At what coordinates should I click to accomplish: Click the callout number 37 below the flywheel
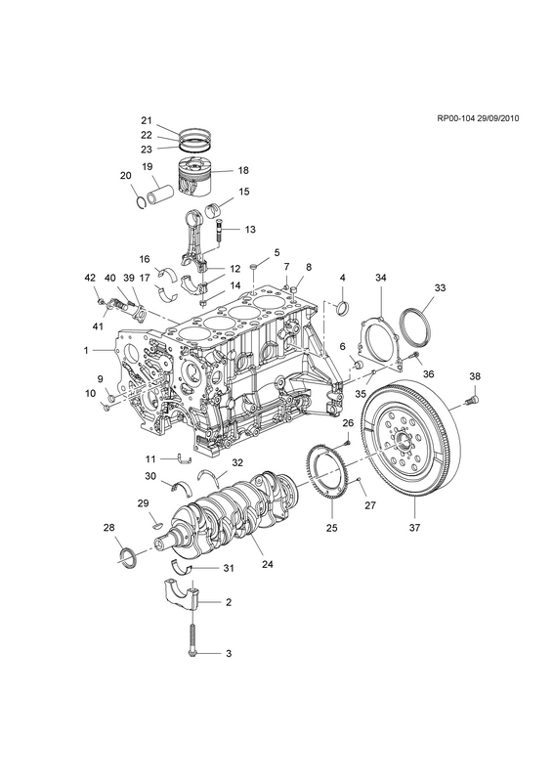(414, 527)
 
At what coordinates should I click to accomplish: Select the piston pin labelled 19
(159, 192)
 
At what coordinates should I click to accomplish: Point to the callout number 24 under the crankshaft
(268, 565)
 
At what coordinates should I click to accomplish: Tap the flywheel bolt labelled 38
(472, 399)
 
